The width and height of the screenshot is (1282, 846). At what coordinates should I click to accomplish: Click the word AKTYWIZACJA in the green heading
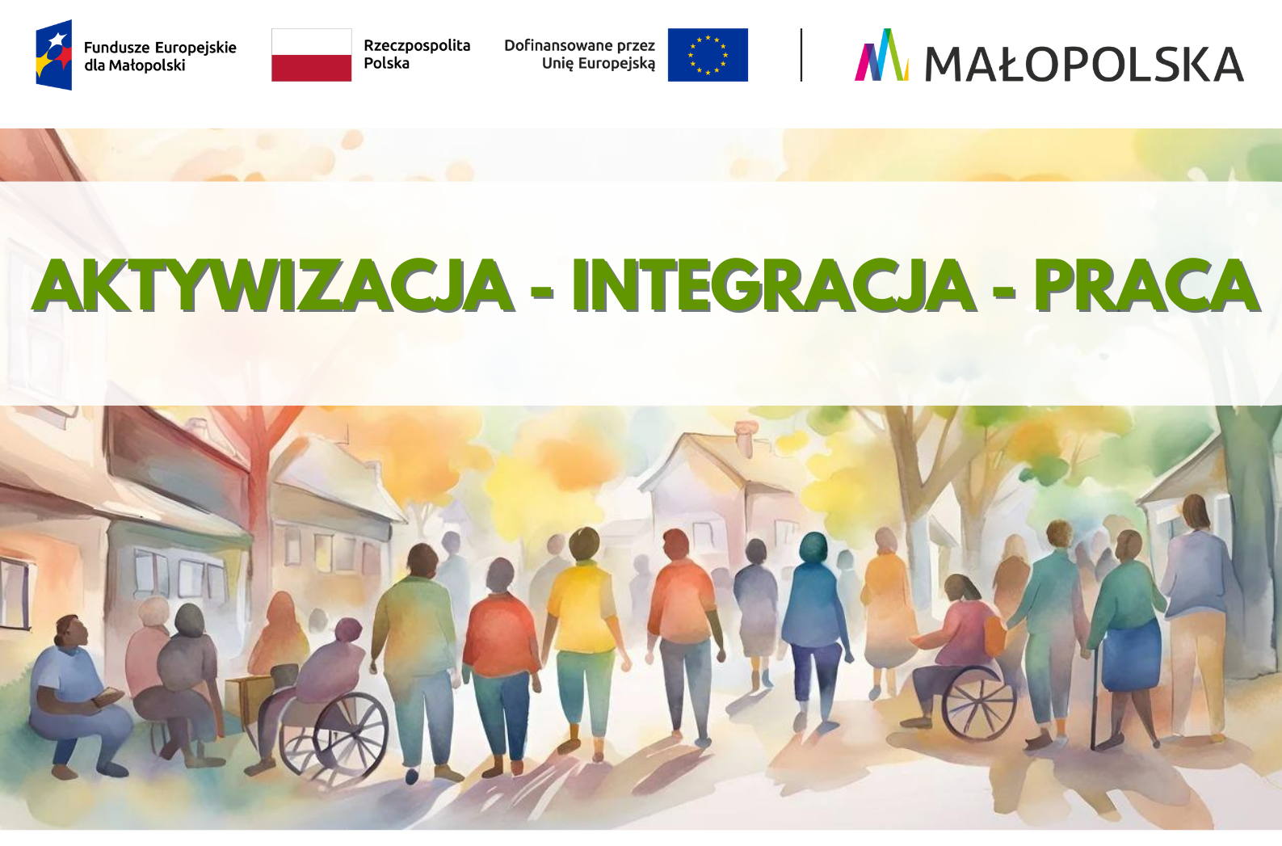click(273, 285)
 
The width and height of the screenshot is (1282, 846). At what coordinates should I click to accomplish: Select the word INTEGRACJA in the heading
click(773, 285)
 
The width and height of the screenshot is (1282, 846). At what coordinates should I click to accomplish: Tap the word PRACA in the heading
click(1146, 285)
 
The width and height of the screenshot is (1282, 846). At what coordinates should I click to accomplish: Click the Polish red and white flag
click(311, 55)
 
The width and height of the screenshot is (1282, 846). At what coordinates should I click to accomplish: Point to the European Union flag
click(708, 55)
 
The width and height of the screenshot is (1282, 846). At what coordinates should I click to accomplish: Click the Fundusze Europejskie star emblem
click(54, 55)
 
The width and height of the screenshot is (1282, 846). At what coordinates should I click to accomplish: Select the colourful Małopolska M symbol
click(881, 55)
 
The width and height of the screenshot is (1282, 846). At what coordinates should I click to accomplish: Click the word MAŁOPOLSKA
click(1084, 63)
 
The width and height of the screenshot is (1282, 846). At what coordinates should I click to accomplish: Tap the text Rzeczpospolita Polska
click(417, 54)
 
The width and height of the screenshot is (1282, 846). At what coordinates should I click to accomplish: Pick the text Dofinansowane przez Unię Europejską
click(579, 54)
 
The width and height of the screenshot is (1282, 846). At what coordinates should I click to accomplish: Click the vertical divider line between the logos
click(801, 55)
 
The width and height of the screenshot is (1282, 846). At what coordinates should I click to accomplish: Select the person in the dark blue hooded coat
click(813, 629)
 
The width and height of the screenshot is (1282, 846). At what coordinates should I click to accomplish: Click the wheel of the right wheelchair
click(979, 704)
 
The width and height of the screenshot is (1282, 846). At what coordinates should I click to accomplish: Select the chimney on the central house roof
click(745, 437)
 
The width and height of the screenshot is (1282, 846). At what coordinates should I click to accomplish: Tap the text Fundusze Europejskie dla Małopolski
click(160, 56)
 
